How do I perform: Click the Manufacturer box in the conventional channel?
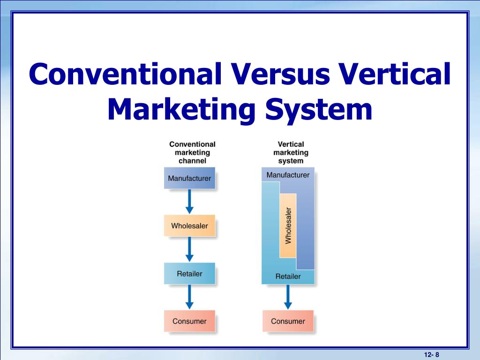189,178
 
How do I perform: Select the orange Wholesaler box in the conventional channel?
189,226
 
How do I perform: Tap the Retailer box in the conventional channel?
189,274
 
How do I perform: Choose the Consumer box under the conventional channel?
189,322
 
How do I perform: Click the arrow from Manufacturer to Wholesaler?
189,201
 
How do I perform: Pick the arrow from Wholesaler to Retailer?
189,249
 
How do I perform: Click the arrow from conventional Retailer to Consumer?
189,297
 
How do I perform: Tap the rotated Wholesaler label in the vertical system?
288,226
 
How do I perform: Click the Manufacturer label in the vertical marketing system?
288,175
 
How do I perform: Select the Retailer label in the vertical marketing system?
288,277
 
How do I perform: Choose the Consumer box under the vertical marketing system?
288,322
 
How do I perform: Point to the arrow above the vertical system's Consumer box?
288,297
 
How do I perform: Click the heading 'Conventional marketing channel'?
192,152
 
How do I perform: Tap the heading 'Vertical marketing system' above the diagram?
291,152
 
